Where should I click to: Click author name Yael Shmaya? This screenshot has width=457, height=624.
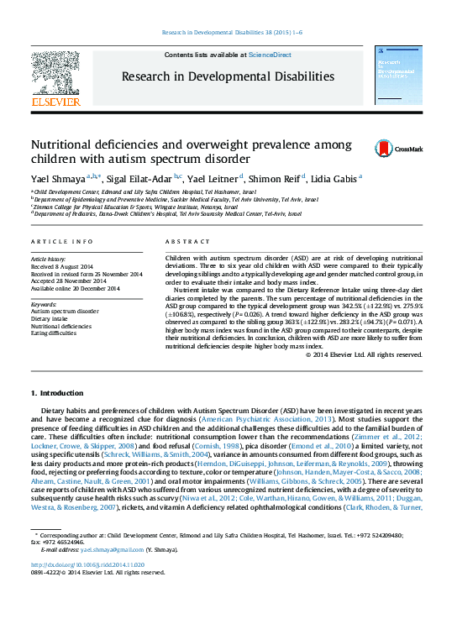pos(57,178)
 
